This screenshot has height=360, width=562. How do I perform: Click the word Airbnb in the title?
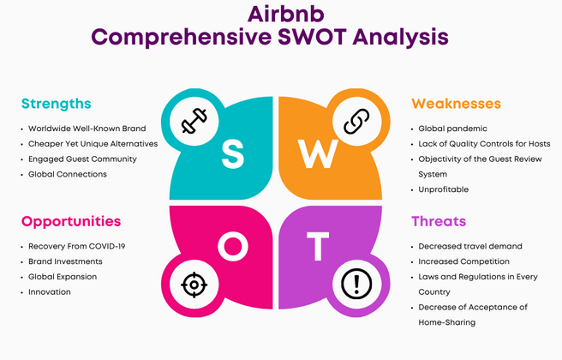point(285,14)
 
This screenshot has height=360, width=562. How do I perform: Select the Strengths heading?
point(57,104)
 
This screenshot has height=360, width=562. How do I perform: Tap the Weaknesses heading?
point(456,104)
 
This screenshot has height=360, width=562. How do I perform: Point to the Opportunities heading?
point(71,221)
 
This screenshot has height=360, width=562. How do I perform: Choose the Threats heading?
point(439,221)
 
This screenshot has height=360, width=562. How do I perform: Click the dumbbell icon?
point(194,121)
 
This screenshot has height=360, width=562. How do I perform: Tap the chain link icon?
point(356,122)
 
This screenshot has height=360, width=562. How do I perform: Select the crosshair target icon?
point(194,285)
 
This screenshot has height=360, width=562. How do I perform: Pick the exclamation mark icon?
point(356,284)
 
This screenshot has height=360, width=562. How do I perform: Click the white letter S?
point(233,154)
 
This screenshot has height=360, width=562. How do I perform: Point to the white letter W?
point(318,153)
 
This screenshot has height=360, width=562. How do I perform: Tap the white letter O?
point(233,246)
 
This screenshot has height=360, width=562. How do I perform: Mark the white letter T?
point(317,246)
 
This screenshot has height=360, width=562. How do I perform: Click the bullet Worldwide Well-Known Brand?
point(87,129)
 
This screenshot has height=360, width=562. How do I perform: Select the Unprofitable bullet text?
point(444,189)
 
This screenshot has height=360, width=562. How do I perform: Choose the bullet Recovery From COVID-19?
point(77,246)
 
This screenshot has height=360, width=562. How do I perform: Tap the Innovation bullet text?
point(50,292)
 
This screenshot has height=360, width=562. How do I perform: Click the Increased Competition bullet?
point(463,261)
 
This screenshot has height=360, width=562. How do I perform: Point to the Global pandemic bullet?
point(452,129)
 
